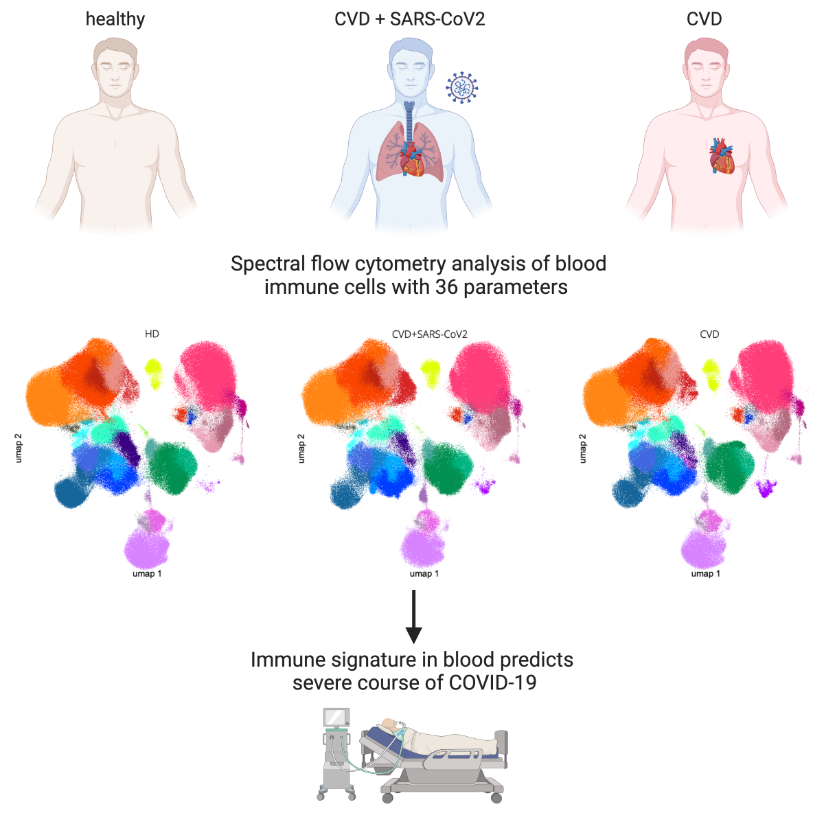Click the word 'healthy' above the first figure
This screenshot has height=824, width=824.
(x=115, y=19)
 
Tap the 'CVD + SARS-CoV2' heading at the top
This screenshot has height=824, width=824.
(x=410, y=19)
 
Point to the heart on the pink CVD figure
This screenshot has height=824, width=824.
(x=722, y=157)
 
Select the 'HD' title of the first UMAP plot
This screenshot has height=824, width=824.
(x=152, y=334)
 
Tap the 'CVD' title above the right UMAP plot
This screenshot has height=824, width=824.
(x=709, y=334)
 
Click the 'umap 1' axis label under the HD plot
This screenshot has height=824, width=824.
(x=147, y=572)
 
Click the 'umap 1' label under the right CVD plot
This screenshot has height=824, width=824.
(x=705, y=573)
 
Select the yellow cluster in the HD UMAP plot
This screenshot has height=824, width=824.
(x=152, y=371)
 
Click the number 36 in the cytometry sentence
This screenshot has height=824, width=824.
(x=447, y=286)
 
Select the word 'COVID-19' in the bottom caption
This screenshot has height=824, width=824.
(x=493, y=683)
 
